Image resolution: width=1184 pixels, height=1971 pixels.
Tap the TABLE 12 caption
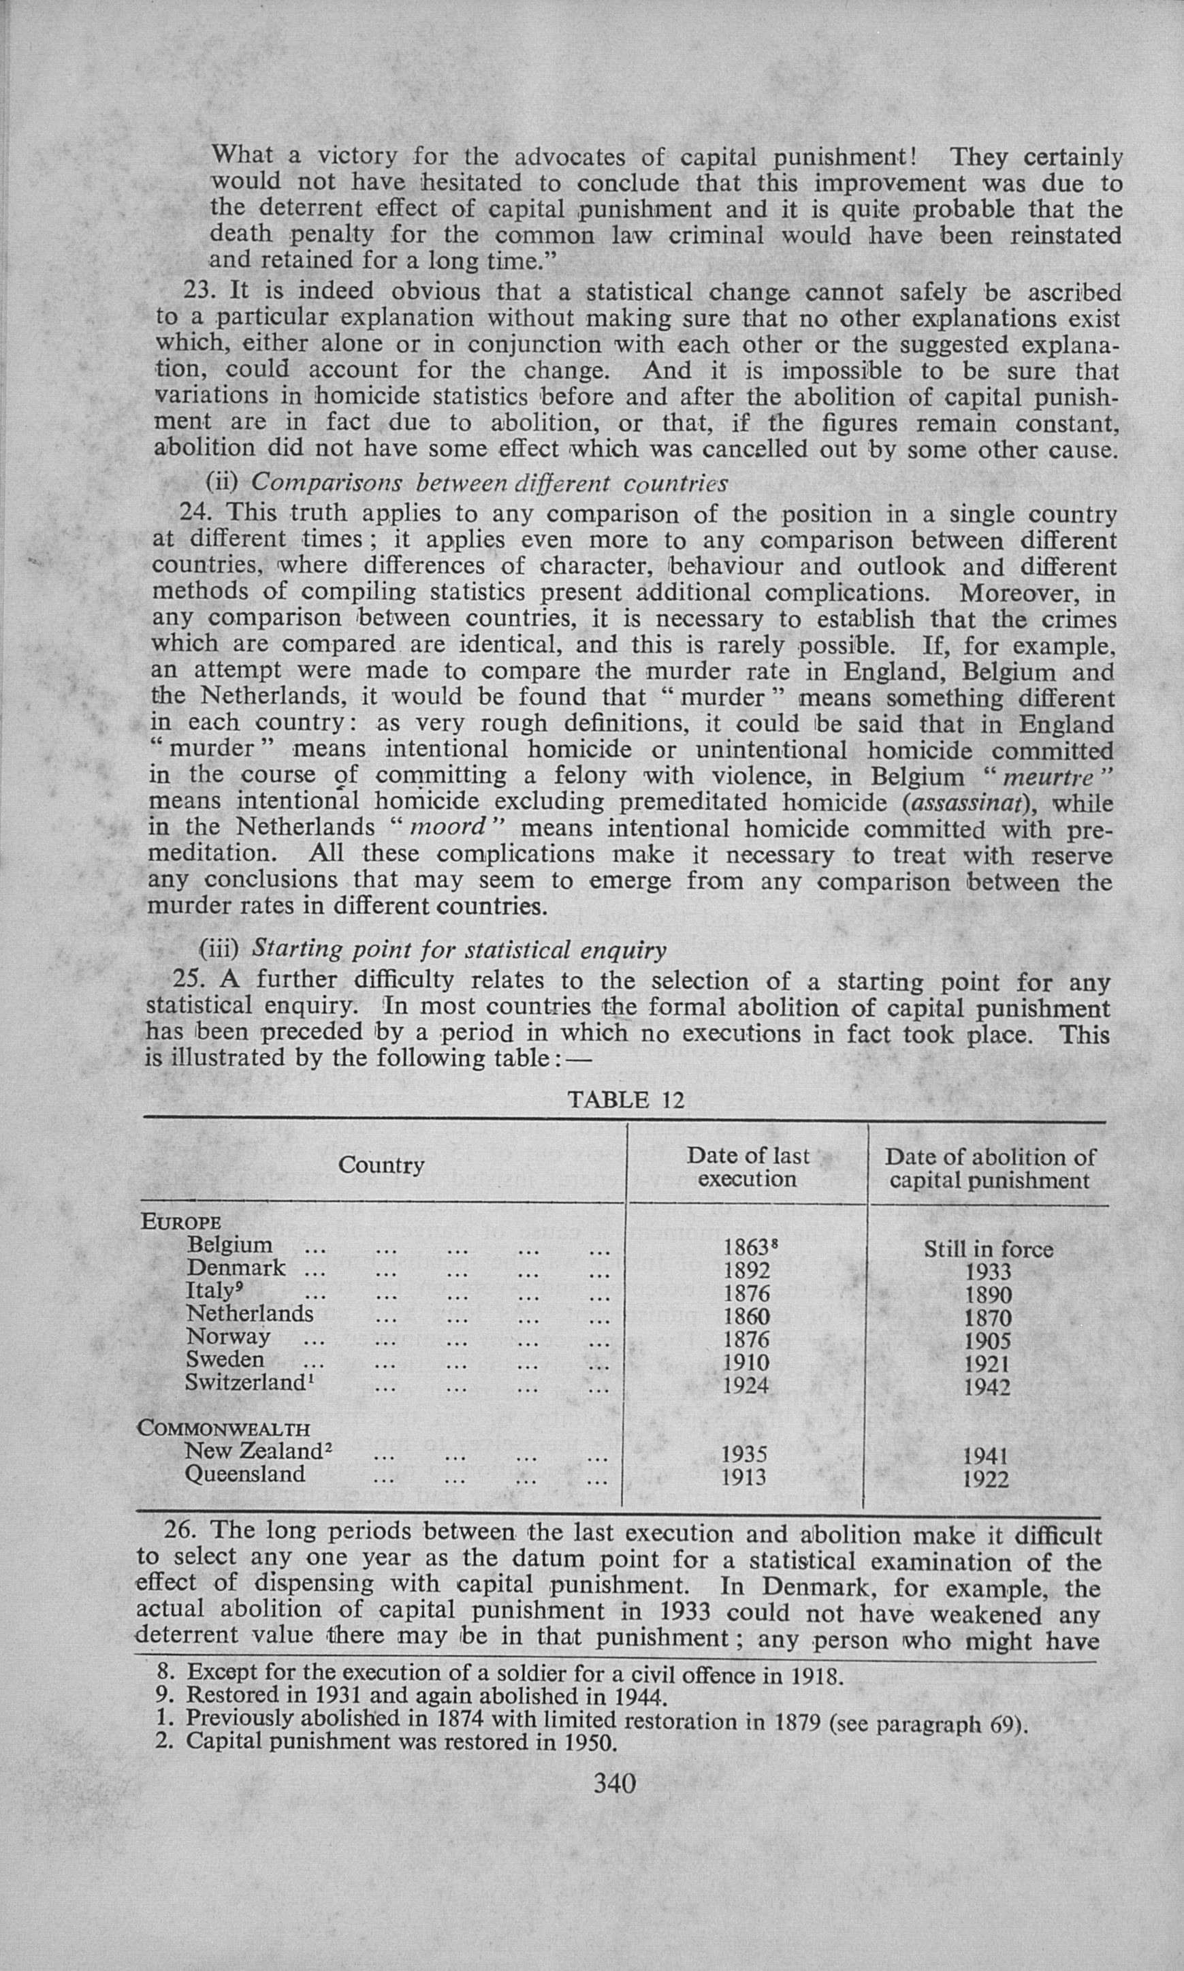(x=626, y=1101)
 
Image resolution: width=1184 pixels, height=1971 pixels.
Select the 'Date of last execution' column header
(x=747, y=1167)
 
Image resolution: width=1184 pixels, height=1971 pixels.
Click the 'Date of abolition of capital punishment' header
(x=989, y=1168)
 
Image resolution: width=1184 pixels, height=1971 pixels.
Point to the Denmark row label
(x=236, y=1267)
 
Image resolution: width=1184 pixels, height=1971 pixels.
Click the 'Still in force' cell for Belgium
(x=988, y=1249)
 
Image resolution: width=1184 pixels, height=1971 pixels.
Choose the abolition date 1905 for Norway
(x=987, y=1340)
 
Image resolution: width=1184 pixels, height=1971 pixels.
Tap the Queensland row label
(x=245, y=1474)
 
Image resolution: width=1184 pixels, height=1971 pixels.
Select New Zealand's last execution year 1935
(x=743, y=1454)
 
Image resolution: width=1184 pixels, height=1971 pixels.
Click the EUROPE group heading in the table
(x=181, y=1222)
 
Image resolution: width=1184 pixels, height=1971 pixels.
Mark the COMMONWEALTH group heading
(x=223, y=1428)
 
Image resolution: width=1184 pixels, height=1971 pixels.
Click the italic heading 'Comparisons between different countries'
(x=489, y=484)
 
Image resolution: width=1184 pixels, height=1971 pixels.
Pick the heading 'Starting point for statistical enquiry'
(x=459, y=949)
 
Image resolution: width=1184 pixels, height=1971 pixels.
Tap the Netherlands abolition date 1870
(x=987, y=1317)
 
